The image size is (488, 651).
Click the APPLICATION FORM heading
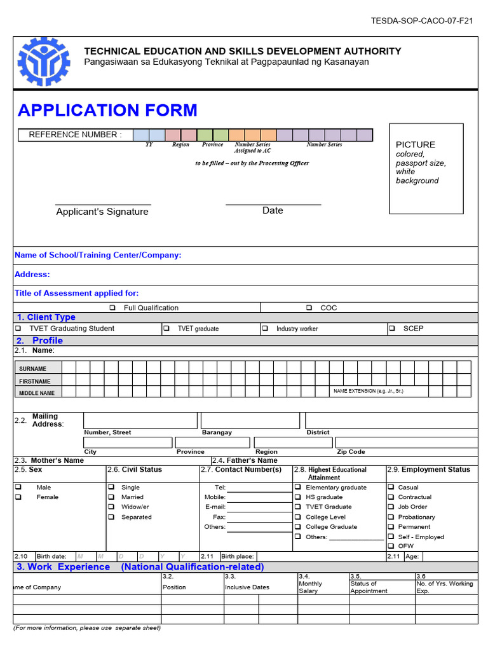click(x=107, y=110)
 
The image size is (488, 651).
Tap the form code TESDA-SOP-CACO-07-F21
click(x=422, y=21)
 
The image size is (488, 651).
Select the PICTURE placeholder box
click(x=426, y=168)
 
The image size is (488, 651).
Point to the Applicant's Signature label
click(x=102, y=212)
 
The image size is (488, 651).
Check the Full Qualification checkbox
click(x=112, y=308)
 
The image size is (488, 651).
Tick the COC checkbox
click(x=309, y=308)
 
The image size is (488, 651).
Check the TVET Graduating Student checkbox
click(x=18, y=329)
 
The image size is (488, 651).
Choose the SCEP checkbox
click(x=391, y=329)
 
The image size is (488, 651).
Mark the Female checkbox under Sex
click(x=18, y=497)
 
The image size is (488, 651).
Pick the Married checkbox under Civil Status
click(x=111, y=497)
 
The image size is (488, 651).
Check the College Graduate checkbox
click(x=298, y=527)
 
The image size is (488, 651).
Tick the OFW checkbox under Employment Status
click(x=391, y=546)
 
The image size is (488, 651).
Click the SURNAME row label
click(x=32, y=369)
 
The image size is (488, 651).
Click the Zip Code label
click(x=351, y=452)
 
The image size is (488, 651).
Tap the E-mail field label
click(x=215, y=507)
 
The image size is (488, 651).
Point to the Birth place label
click(x=238, y=556)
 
